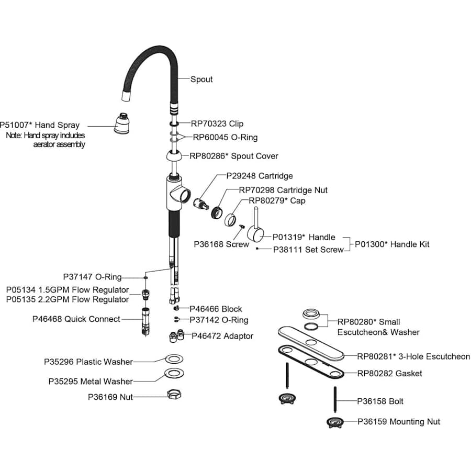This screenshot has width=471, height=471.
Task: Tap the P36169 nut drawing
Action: coord(174,395)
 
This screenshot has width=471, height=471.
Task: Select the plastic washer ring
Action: coord(174,360)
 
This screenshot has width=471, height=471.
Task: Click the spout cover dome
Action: coord(173,155)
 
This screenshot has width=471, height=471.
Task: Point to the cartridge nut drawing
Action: coord(216,211)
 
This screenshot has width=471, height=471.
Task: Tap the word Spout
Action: coord(201,80)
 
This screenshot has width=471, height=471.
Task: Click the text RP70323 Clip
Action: coord(217,124)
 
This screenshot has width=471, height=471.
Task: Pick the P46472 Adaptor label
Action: coord(222,336)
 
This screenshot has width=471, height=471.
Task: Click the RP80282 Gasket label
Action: coord(389,374)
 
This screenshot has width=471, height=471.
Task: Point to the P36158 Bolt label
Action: coord(380,401)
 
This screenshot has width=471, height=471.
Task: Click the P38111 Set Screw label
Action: coord(308,250)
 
